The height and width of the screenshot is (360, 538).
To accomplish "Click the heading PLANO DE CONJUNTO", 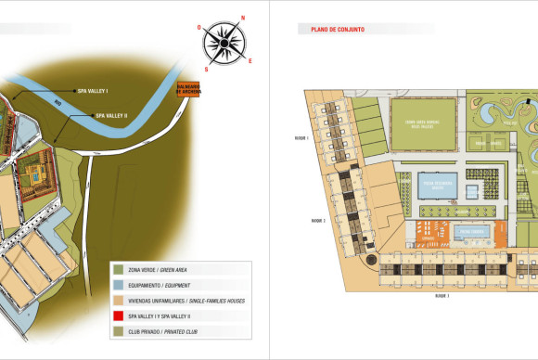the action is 331,30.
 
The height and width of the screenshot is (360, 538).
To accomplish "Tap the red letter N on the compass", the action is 243,18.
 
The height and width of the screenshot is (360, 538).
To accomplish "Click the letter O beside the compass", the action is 200,27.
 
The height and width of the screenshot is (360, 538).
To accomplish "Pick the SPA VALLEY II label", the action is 111,116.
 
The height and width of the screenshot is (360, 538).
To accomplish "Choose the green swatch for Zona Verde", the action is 117,269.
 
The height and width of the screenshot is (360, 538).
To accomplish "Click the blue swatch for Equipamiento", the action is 117,284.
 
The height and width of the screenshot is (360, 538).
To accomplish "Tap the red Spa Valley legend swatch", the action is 117,315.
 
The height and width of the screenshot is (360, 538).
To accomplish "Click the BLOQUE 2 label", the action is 317,221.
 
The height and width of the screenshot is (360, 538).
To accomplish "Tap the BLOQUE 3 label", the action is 442,297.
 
